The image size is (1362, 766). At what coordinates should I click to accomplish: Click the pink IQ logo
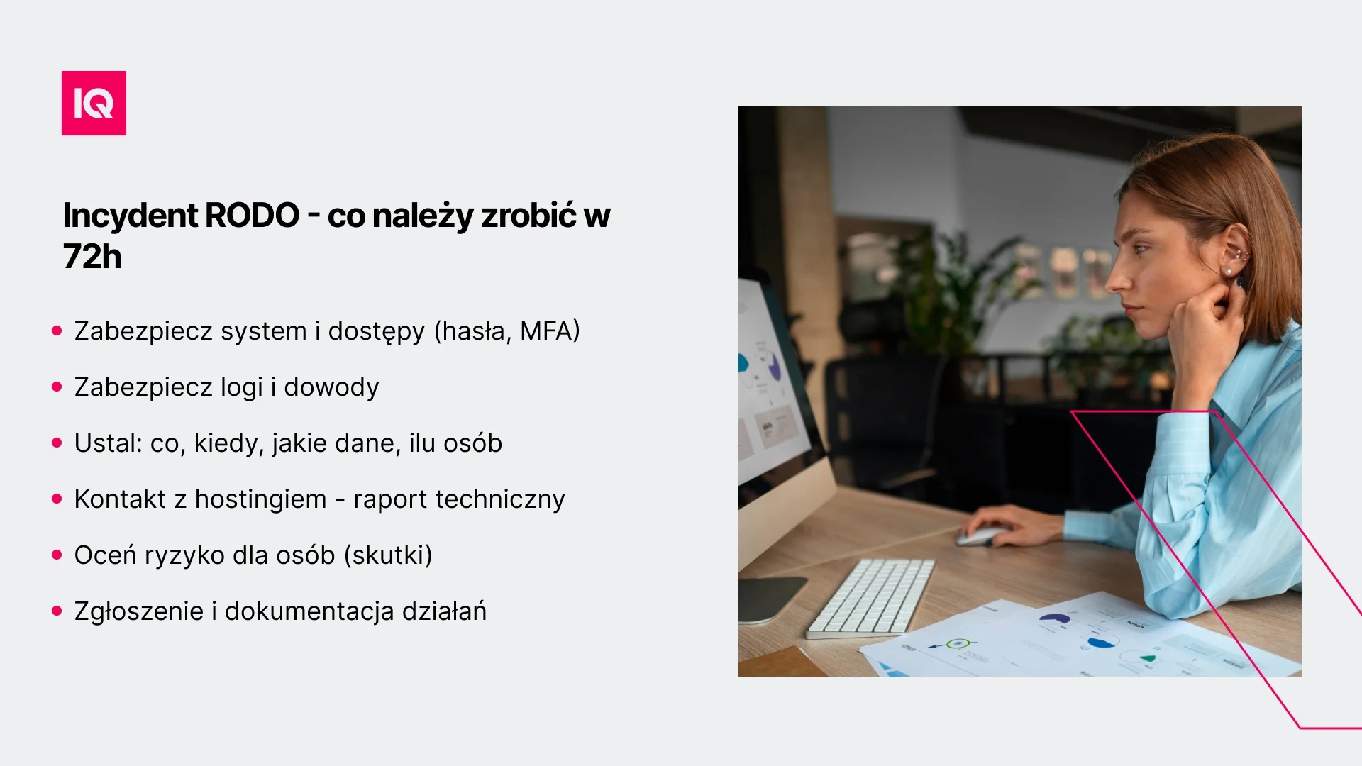click(94, 103)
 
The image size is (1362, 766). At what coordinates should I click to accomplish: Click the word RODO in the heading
click(252, 215)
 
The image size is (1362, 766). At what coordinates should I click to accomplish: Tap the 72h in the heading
click(92, 256)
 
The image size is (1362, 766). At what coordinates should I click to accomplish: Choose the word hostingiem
click(260, 499)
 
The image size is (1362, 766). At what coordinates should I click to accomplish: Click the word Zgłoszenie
click(139, 611)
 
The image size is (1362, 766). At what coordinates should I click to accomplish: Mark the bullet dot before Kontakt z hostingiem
click(57, 499)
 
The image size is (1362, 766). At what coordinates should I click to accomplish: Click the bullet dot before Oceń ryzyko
click(57, 555)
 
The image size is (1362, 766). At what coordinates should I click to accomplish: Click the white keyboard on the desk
click(871, 597)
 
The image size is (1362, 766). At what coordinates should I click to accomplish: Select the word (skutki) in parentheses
click(388, 555)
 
